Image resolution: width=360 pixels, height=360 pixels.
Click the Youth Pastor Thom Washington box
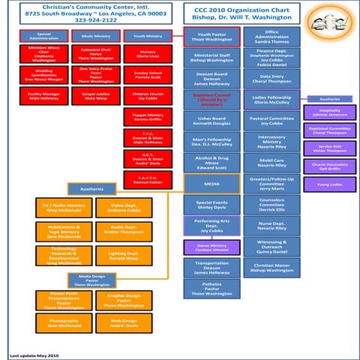pos(211,37)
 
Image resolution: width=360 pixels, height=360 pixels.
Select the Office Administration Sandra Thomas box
pos(272,37)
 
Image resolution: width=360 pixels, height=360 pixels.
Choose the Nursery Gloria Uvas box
pos(147,55)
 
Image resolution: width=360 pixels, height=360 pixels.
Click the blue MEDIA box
pos(211,183)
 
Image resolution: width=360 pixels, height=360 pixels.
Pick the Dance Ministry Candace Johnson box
pos(211,247)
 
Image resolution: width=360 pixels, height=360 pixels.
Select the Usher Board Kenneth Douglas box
pos(211,121)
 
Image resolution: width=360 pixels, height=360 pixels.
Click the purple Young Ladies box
pos(329,184)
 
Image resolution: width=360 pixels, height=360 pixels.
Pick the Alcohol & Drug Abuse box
pos(211,163)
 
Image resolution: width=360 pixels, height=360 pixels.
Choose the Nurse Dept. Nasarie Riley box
pos(272,226)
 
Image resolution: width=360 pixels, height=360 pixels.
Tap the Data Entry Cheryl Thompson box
pos(272,79)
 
